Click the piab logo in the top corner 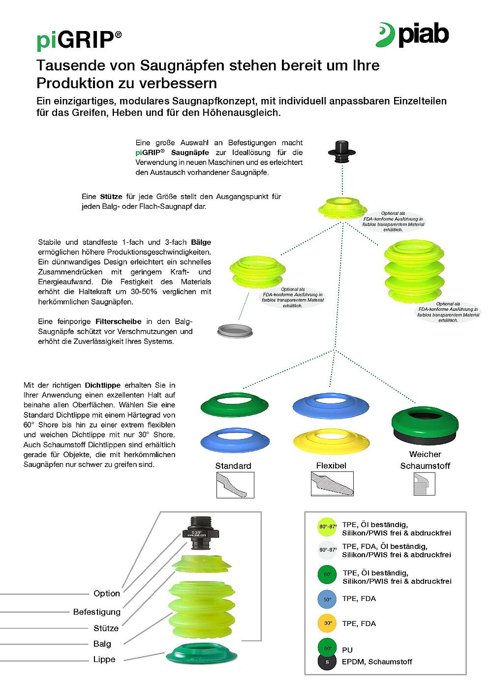pyautogui.click(x=412, y=34)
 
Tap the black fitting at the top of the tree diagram pyautogui.click(x=342, y=151)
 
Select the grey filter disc pyautogui.click(x=235, y=331)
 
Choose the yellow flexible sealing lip pyautogui.click(x=331, y=441)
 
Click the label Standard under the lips pyautogui.click(x=233, y=466)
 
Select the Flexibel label pyautogui.click(x=331, y=465)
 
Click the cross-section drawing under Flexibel pyautogui.click(x=332, y=484)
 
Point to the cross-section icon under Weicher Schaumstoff pyautogui.click(x=424, y=484)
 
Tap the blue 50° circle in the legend pyautogui.click(x=327, y=599)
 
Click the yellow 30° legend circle pyautogui.click(x=327, y=623)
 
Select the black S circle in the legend pyautogui.click(x=327, y=662)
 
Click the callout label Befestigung pyautogui.click(x=97, y=612)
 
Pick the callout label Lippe pyautogui.click(x=104, y=659)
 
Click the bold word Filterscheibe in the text pyautogui.click(x=118, y=321)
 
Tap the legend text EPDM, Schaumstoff pyautogui.click(x=377, y=662)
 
